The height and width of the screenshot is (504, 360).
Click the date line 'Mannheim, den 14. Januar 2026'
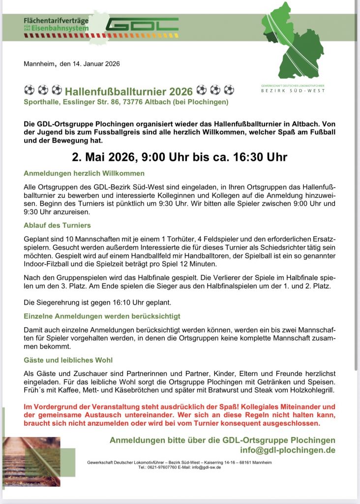(x=72, y=63)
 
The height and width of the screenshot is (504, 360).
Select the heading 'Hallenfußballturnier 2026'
(x=129, y=91)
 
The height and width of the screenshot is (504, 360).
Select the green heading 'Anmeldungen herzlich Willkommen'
(x=84, y=173)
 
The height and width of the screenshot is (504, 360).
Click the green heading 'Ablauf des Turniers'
(x=57, y=225)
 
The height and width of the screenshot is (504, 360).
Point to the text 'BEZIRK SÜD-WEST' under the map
(x=293, y=91)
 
